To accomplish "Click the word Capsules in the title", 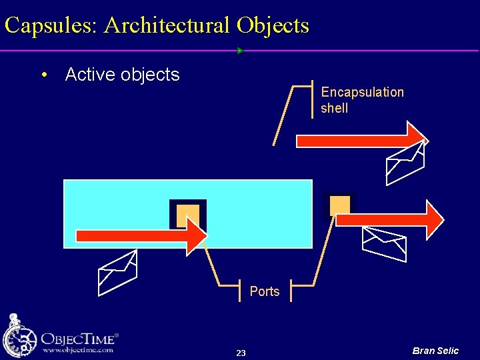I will [x=50, y=26].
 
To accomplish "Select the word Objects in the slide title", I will [x=272, y=26].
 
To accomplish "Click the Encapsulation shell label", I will [x=362, y=100].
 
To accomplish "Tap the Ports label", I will [x=265, y=291].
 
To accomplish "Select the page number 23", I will [x=241, y=353].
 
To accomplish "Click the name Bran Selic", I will [x=435, y=351].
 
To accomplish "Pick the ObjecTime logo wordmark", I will [x=79, y=337].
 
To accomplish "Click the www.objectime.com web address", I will [x=77, y=349].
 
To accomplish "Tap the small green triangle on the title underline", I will [x=240, y=51].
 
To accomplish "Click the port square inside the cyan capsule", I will [x=187, y=215].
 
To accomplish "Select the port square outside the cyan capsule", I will [x=339, y=205].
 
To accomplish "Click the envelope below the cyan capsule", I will [x=117, y=272].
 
